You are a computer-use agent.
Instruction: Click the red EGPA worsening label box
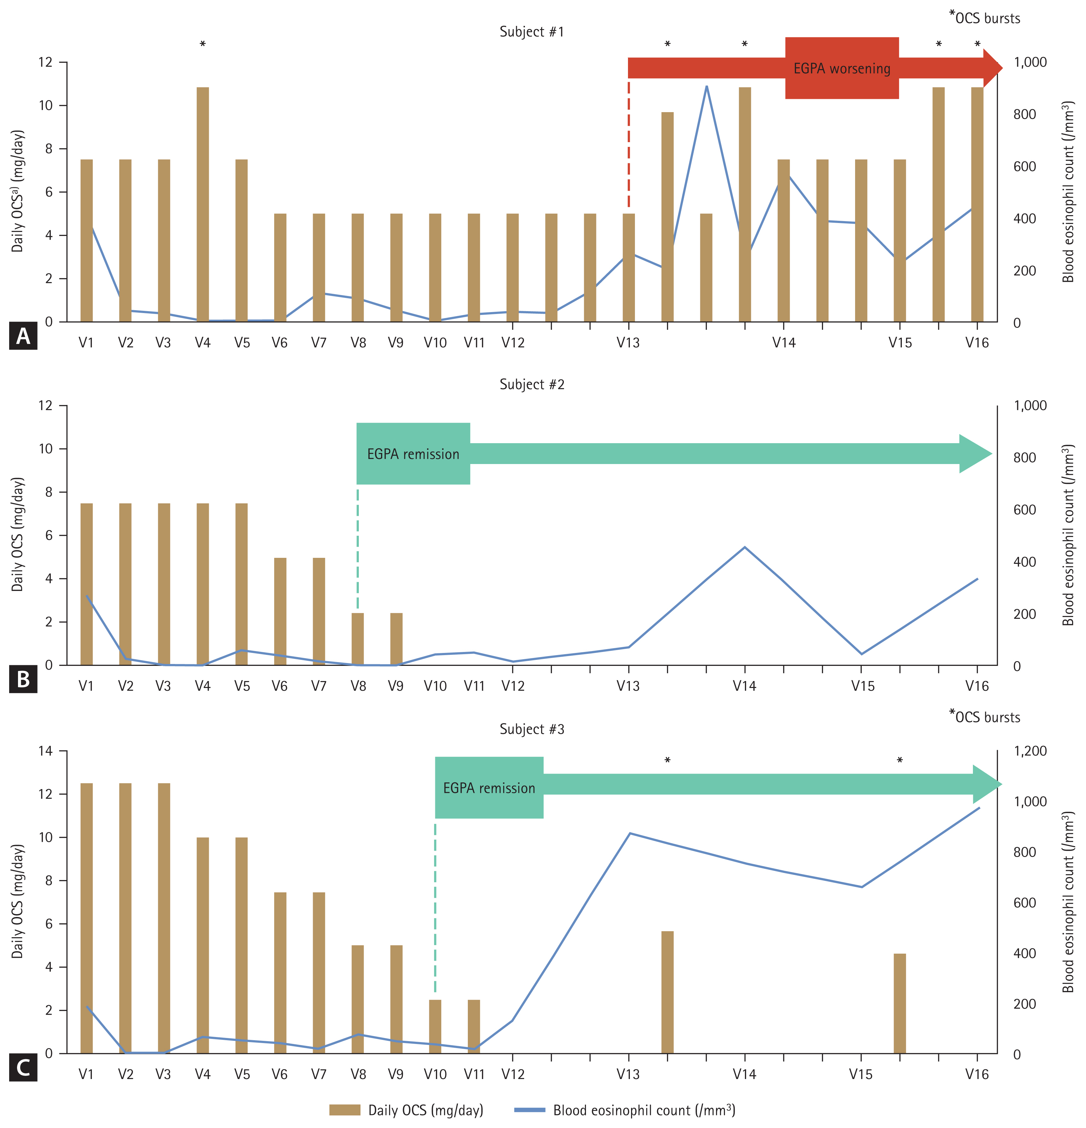tap(842, 69)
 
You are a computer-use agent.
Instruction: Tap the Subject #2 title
tap(531, 384)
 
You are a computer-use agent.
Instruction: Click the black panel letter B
tap(23, 679)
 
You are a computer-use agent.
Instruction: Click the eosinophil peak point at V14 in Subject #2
tap(745, 547)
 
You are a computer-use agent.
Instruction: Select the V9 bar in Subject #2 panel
tap(396, 639)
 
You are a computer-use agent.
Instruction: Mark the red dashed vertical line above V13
tap(629, 144)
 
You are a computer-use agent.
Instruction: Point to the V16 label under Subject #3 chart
tap(977, 1075)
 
